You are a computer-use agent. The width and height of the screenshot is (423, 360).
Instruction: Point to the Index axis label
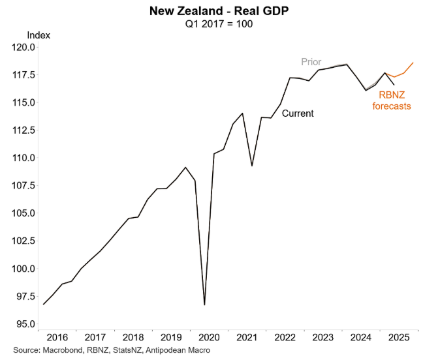(39, 35)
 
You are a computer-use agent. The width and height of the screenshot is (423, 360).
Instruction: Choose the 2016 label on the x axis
(57, 338)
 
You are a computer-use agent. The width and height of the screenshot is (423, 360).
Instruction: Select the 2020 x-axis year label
(209, 338)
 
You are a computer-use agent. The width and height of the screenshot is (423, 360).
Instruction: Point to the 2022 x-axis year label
(285, 338)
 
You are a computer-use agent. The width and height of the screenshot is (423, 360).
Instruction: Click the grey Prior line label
(311, 62)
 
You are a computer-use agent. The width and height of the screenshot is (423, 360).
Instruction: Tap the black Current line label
(298, 113)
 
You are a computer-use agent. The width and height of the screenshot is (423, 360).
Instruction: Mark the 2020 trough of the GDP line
(204, 305)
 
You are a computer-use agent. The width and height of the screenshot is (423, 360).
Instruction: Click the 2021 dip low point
(252, 166)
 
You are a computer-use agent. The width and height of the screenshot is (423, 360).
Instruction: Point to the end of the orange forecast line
(413, 63)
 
